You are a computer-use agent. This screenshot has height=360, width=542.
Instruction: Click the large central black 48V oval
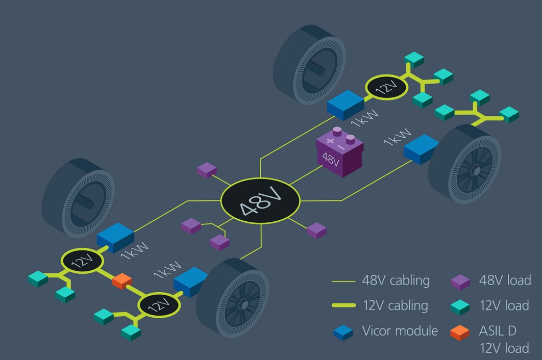pyautogui.click(x=260, y=200)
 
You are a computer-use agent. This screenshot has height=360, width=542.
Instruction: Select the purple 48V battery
pyautogui.click(x=339, y=152)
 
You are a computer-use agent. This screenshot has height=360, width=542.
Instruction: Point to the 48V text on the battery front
pyautogui.click(x=331, y=160)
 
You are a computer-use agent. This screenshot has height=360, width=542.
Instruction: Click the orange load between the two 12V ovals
pyautogui.click(x=122, y=280)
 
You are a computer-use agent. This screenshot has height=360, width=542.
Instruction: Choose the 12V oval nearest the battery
pyautogui.click(x=386, y=87)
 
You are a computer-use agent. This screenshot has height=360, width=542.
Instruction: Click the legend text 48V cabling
pyautogui.click(x=396, y=280)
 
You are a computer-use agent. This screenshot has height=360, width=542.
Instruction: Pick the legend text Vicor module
pyautogui.click(x=400, y=330)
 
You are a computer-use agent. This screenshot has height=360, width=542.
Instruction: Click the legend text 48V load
pyautogui.click(x=505, y=280)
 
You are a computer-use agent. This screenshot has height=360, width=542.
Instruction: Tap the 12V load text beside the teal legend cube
pyautogui.click(x=504, y=305)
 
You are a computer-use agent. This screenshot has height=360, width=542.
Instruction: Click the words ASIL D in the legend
pyautogui.click(x=498, y=330)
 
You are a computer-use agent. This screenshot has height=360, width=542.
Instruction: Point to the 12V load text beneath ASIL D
pyautogui.click(x=504, y=349)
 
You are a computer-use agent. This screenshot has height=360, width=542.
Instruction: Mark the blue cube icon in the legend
pyautogui.click(x=343, y=332)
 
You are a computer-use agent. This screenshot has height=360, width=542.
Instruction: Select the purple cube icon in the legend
pyautogui.click(x=460, y=281)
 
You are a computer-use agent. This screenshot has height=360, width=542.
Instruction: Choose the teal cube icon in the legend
pyautogui.click(x=460, y=306)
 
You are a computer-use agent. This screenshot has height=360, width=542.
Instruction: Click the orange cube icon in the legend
pyautogui.click(x=460, y=332)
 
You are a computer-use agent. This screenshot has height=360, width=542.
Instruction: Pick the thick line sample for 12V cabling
pyautogui.click(x=343, y=306)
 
